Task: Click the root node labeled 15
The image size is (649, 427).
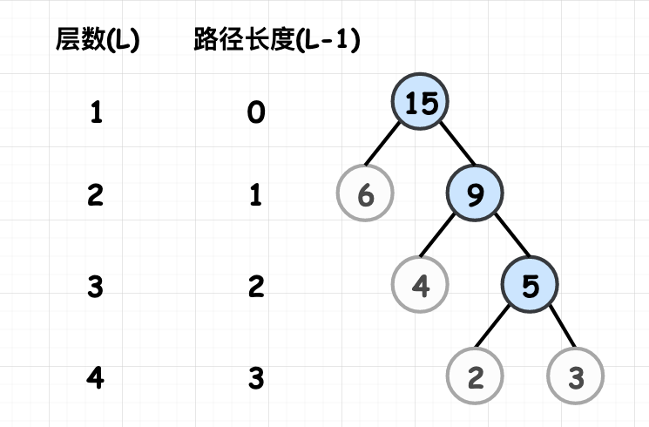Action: tap(420, 101)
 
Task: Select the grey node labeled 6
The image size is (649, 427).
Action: tap(365, 193)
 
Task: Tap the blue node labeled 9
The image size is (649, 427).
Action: tap(475, 193)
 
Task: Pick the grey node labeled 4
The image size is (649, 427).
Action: tap(420, 285)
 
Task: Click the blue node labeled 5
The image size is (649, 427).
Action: tap(530, 285)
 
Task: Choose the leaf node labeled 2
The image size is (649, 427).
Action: tap(475, 376)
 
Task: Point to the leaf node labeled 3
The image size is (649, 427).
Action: tap(575, 376)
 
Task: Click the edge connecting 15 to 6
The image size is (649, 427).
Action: tap(382, 143)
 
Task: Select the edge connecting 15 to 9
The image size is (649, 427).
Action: tap(457, 143)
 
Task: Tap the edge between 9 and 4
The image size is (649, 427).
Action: tap(437, 234)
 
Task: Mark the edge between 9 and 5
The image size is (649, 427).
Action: tap(512, 234)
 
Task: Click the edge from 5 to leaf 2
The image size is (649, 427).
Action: tap(492, 327)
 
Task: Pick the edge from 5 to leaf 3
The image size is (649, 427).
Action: tap(563, 327)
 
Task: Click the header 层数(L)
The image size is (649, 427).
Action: tap(98, 40)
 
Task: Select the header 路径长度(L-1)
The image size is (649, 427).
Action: tap(276, 40)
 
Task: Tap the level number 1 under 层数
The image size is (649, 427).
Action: tap(96, 112)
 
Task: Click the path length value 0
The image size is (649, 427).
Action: tap(256, 112)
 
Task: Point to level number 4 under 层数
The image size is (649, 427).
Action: tap(95, 378)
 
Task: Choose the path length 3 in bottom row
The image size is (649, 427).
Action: tap(256, 378)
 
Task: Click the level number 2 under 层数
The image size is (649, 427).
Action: tap(95, 195)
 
